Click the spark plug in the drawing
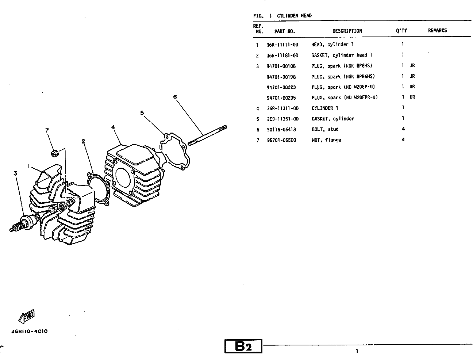[x=25, y=222]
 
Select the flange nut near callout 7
[x=55, y=153]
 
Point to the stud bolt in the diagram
[x=207, y=135]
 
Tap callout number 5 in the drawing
[x=142, y=113]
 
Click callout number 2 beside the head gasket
[x=83, y=141]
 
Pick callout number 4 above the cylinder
[x=113, y=127]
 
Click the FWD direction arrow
[x=27, y=317]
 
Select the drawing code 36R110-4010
[x=29, y=331]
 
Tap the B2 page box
[x=243, y=346]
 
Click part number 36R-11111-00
[x=282, y=45]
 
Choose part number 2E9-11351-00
[x=283, y=119]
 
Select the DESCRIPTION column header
[x=347, y=31]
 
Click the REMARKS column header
[x=438, y=31]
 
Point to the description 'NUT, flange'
[x=327, y=140]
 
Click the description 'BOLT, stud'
[x=325, y=129]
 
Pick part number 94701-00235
[x=281, y=98]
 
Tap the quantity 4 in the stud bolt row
[x=403, y=129]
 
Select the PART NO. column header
[x=285, y=31]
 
